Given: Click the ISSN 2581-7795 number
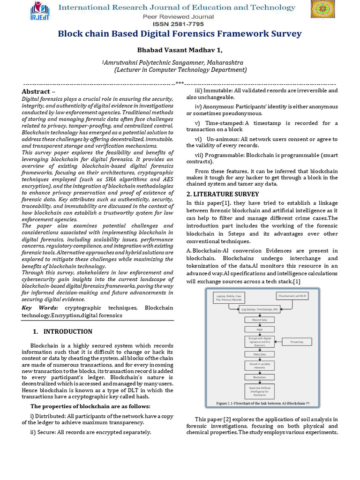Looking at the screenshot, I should [x=180, y=24].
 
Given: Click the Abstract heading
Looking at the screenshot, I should [x=36, y=91].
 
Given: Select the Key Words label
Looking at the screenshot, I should [x=40, y=308].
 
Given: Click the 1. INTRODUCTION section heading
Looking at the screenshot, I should [x=62, y=331].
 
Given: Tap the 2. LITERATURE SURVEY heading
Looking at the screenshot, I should [x=222, y=194].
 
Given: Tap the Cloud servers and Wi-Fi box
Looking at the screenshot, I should [x=293, y=296].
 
